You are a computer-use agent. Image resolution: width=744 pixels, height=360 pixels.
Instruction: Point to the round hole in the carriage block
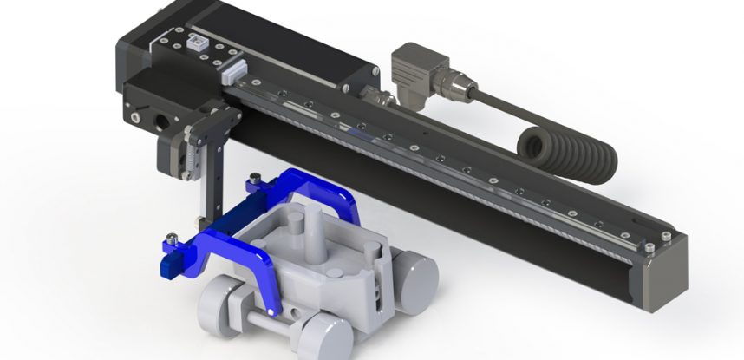161,115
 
